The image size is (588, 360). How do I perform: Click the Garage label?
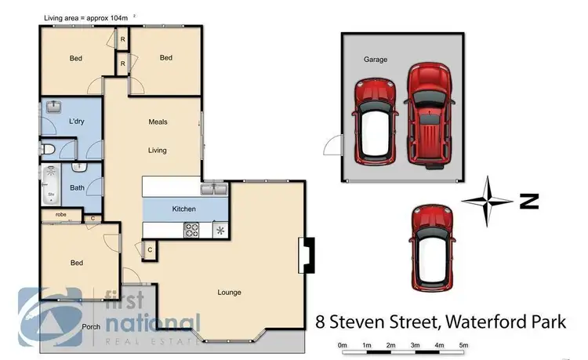(x=376, y=60)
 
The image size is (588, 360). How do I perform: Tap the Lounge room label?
(x=230, y=293)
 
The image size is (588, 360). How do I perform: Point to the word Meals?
(x=158, y=122)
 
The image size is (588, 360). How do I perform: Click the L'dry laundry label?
(x=76, y=122)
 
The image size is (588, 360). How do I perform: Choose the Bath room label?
(x=77, y=187)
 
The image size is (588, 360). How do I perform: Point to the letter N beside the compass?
(x=529, y=202)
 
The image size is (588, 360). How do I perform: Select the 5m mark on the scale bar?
(x=463, y=345)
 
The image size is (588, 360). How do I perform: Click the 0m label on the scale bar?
(x=342, y=345)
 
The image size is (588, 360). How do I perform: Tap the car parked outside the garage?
(x=431, y=246)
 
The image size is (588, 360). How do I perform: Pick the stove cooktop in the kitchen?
(x=191, y=230)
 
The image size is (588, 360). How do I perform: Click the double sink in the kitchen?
(x=213, y=190)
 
